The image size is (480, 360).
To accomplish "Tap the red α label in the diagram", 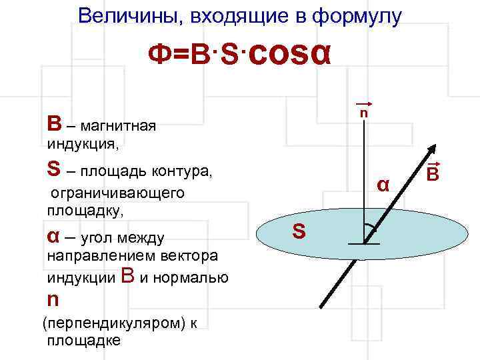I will [x=383, y=183].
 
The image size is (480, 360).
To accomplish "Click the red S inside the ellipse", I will [x=299, y=232].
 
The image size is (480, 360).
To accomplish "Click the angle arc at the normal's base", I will [x=371, y=227].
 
